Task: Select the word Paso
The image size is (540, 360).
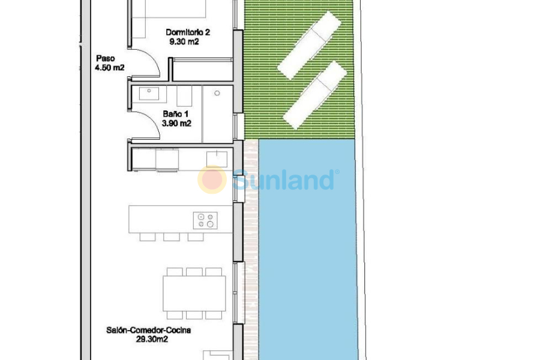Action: point(106,58)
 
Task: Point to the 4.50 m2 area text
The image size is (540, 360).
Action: point(109,68)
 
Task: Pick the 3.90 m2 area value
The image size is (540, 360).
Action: point(176,124)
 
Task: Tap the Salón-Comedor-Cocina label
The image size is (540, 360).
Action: point(140,330)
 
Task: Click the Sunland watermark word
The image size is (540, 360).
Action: point(284,179)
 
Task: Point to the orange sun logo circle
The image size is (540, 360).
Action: point(212,179)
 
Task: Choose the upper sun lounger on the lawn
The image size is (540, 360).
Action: point(310,45)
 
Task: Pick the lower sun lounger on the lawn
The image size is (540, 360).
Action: point(316,95)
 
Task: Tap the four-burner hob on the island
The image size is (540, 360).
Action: point(204,220)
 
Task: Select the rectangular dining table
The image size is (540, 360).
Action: point(194,293)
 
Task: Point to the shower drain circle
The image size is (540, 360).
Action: point(217,93)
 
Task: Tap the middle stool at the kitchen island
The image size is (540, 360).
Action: point(172,236)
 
